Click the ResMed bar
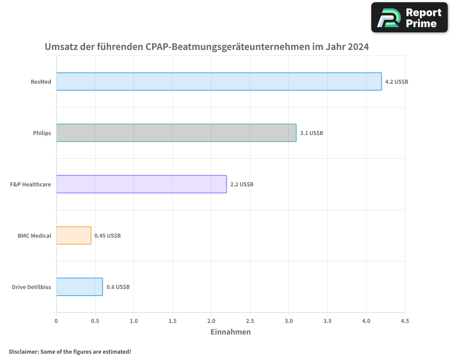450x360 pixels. pos(219,81)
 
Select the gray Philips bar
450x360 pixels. pos(176,133)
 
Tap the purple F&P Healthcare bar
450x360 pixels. pos(141,184)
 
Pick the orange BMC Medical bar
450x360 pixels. pos(74,235)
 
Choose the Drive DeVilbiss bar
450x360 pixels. pos(79,287)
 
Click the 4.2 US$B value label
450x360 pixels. pos(396,82)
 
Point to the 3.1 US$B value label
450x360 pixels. pos(311,133)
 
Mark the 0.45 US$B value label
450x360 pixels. pos(107,236)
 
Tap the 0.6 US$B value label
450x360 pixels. pos(118,287)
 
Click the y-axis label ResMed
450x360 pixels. pos(40,82)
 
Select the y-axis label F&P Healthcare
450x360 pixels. pos(30,184)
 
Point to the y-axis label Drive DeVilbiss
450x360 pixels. pos(31,287)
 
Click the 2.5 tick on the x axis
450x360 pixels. pos(250,321)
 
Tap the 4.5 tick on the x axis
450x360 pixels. pos(405,321)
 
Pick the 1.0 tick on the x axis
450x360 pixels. pos(134,321)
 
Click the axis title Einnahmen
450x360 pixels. pos(230,332)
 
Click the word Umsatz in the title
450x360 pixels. pos(60,47)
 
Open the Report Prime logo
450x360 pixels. pos(409,18)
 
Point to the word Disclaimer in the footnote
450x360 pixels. pos(23,351)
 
